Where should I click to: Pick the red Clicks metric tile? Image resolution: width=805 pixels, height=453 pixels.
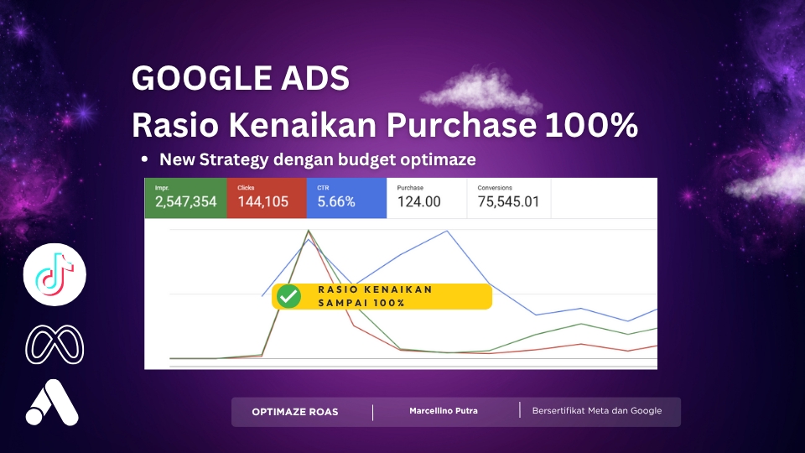tap(266, 198)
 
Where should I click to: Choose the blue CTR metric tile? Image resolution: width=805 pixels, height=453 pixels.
tap(346, 198)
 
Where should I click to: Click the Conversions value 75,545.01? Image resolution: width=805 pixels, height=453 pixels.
tap(508, 202)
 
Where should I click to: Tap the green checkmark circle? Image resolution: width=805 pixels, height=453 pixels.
tap(290, 296)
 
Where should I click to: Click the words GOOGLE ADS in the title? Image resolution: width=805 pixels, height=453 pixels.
tap(240, 79)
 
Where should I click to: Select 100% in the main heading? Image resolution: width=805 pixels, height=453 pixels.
tap(591, 125)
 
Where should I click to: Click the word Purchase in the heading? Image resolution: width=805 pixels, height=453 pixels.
tap(461, 125)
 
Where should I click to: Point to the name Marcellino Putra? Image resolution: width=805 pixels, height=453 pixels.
tap(444, 411)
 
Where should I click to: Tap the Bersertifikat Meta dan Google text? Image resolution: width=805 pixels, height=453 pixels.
tap(597, 411)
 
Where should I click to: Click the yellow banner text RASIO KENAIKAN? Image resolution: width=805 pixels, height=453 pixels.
tap(375, 289)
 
